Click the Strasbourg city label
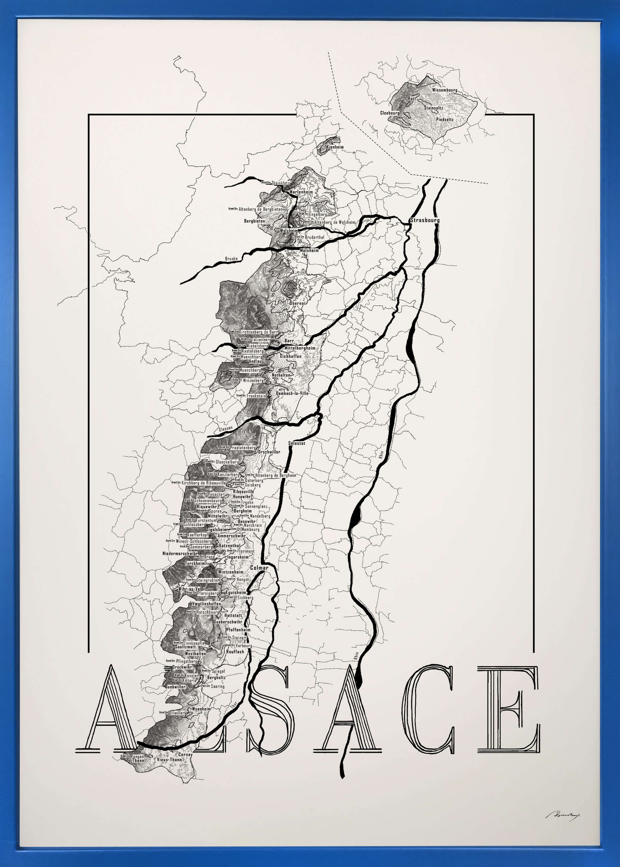pyautogui.click(x=424, y=220)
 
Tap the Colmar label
pyautogui.click(x=259, y=568)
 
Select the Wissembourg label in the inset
pyautogui.click(x=444, y=90)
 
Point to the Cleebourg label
pyautogui.click(x=390, y=113)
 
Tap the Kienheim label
pyautogui.click(x=335, y=147)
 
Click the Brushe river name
pyautogui.click(x=231, y=259)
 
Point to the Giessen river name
pyautogui.click(x=226, y=429)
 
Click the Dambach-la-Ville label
pyautogui.click(x=292, y=393)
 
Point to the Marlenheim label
pyautogui.click(x=301, y=192)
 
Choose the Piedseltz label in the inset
pyautogui.click(x=445, y=119)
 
